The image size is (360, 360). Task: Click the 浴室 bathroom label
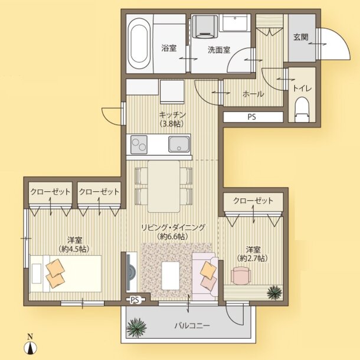(169, 48)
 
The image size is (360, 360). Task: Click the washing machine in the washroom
(205, 28)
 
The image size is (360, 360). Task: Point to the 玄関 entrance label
(300, 37)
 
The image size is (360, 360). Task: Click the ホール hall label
(253, 94)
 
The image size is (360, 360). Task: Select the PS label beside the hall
(251, 117)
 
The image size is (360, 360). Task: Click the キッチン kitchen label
(173, 114)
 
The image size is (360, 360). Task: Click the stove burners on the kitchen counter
(139, 143)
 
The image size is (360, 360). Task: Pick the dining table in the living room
(163, 185)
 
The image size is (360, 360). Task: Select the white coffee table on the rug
(172, 274)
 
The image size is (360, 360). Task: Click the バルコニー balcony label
(191, 325)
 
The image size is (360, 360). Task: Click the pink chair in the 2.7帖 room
(242, 275)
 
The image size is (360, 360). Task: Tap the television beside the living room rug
(129, 272)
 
